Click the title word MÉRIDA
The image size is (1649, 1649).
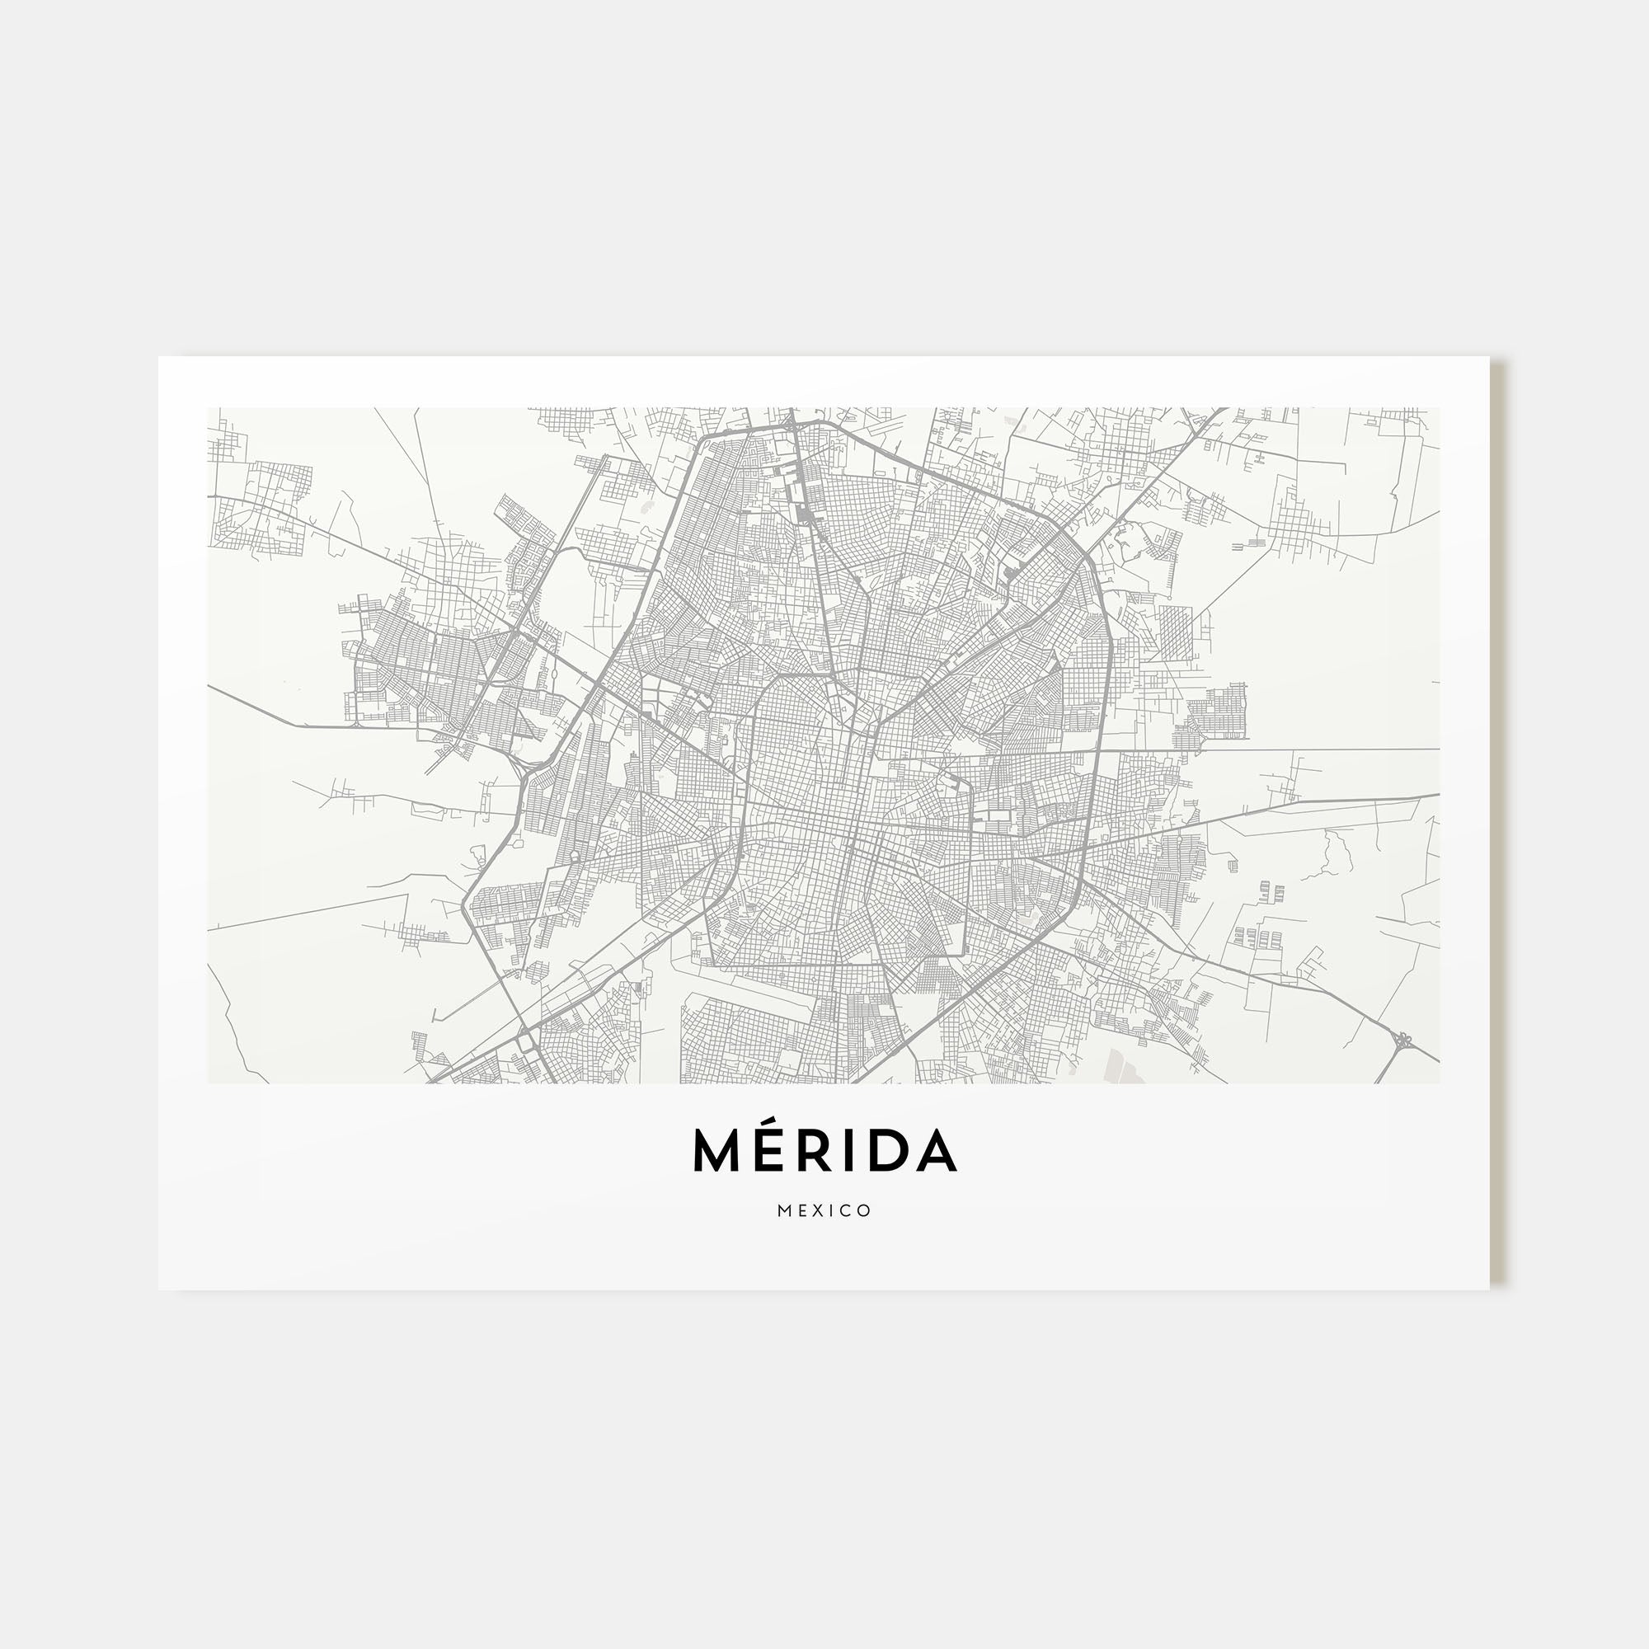pos(824,1151)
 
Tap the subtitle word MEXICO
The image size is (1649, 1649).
pos(824,1211)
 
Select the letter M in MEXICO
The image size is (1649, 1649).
pos(783,1211)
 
